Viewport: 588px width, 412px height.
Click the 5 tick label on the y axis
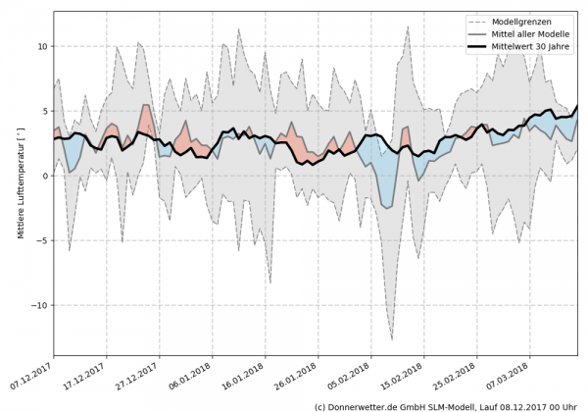[x=44, y=111]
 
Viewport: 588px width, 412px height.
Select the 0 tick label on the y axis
[x=44, y=176]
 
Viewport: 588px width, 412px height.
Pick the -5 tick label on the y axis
[x=41, y=240]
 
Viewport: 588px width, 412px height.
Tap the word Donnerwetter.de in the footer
[x=364, y=405]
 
